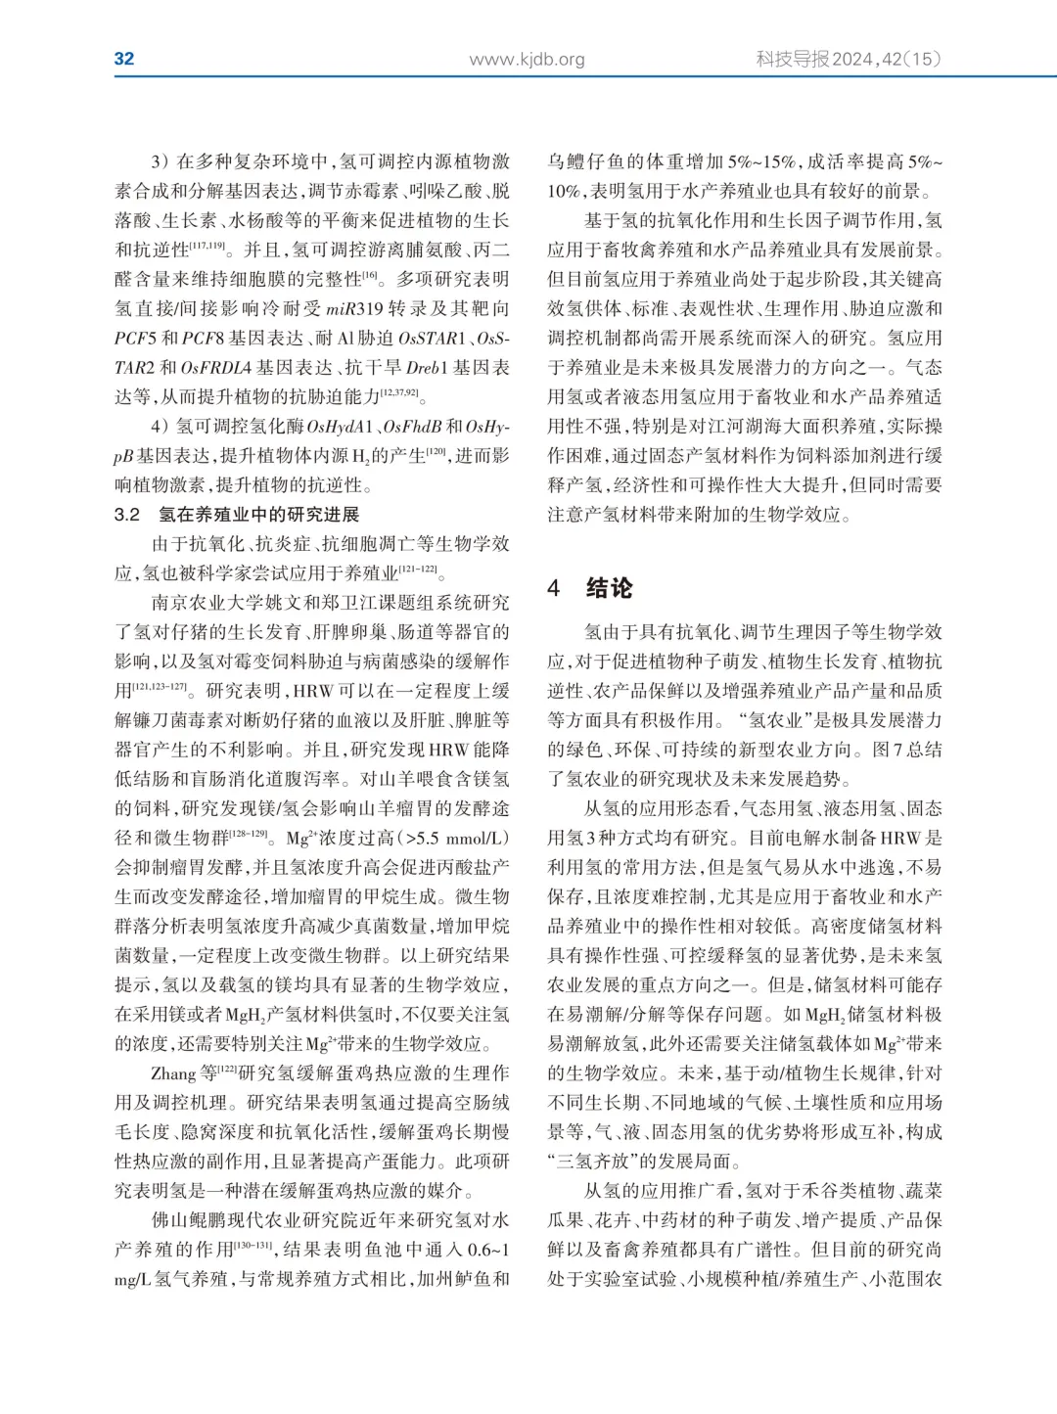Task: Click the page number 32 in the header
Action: coord(124,59)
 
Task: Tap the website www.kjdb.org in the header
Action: coord(527,59)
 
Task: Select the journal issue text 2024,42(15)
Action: coord(887,59)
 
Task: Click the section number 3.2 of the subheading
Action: coord(127,515)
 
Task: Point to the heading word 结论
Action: coord(609,588)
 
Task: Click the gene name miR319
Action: coord(357,308)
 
